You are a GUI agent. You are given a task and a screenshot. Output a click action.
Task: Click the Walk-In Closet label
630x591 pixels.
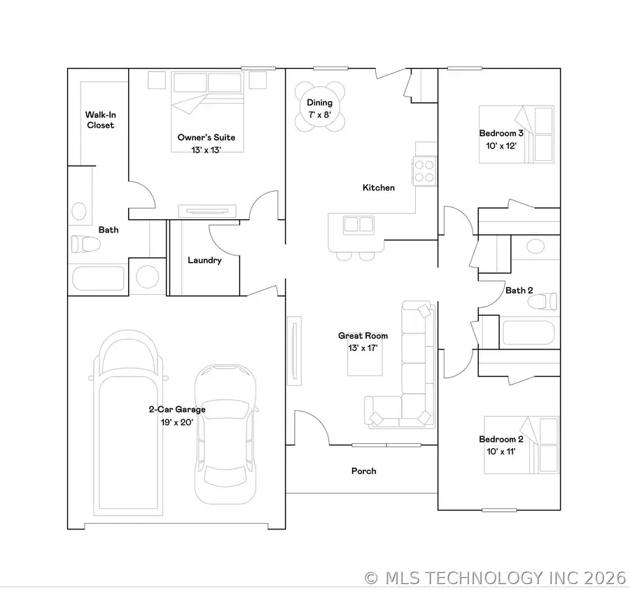(100, 120)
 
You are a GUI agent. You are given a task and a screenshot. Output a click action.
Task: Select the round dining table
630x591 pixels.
(320, 106)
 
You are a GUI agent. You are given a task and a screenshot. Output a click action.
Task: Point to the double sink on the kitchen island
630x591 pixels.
(356, 225)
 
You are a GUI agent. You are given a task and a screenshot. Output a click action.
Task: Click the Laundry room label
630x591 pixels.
(204, 260)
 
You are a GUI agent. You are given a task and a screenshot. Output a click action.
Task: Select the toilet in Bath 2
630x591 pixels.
(542, 301)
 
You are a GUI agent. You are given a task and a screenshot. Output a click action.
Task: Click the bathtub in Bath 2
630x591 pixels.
(528, 332)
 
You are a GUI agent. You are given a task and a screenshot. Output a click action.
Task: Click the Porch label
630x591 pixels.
(363, 471)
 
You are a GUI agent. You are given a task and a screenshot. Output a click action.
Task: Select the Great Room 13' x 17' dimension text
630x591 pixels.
(363, 349)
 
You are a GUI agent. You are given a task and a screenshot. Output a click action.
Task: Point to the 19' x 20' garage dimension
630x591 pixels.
(176, 422)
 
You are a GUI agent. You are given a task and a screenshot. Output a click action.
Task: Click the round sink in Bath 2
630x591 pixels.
(535, 246)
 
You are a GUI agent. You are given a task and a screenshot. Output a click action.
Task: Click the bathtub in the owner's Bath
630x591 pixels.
(99, 277)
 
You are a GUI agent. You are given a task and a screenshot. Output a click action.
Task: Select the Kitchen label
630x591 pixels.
(378, 188)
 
